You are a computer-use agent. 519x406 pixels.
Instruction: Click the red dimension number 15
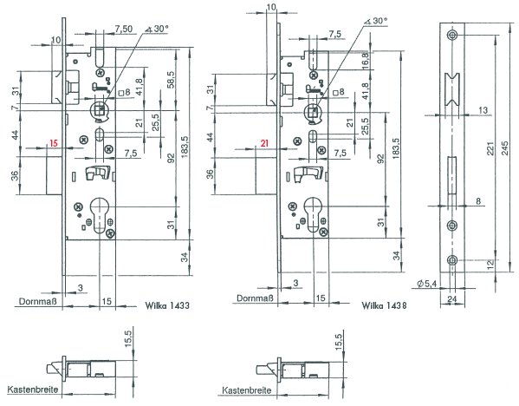point(54,143)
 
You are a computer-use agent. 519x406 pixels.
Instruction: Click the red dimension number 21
point(264,143)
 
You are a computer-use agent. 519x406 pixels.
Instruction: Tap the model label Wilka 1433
point(167,305)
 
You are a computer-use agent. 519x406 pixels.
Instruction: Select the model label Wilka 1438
point(384,305)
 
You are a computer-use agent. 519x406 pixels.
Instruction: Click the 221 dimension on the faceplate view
point(490,148)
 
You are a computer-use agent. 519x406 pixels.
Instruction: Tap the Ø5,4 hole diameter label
point(426,284)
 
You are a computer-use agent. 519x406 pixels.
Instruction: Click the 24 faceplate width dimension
point(451,299)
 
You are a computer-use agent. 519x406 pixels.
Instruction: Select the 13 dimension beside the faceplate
point(483,110)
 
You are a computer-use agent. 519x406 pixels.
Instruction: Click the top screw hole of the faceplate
point(452,35)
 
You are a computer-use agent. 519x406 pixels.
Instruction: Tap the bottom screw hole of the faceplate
point(452,260)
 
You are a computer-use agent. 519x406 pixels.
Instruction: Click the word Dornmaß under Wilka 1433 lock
point(38,301)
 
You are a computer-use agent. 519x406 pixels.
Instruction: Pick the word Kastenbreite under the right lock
point(247,390)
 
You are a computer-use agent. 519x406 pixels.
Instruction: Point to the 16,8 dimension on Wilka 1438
point(366,60)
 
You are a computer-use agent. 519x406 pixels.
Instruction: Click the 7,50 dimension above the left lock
point(123,29)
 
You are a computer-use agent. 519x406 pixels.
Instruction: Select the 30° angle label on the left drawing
point(157,29)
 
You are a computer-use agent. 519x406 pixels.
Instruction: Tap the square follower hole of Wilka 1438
point(313,111)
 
